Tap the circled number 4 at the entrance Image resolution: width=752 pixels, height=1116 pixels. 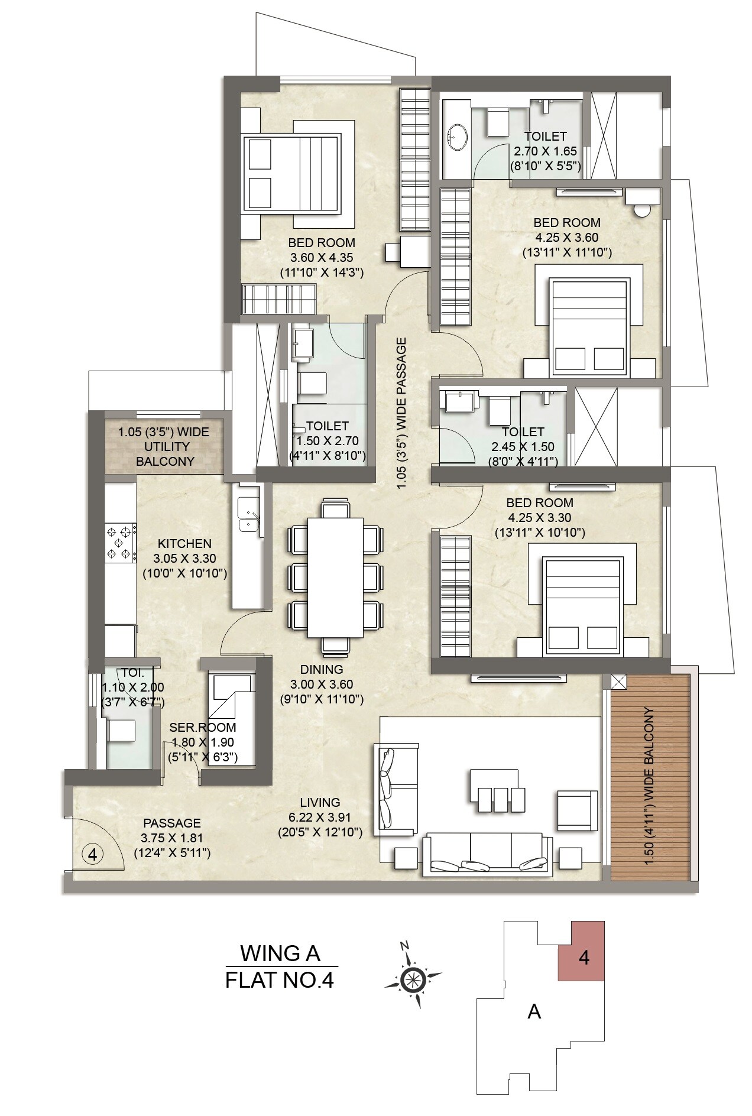coord(92,854)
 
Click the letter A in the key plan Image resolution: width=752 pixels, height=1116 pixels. coord(534,1012)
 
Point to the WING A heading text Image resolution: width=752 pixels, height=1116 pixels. coord(280,953)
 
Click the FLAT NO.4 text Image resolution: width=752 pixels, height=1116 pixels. coord(280,980)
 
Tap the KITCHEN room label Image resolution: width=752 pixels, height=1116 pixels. coord(184,543)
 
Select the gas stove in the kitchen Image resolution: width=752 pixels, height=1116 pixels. coord(119,543)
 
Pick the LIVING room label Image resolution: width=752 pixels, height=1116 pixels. coord(320,802)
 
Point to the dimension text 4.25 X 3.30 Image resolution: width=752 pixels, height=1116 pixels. coord(539,518)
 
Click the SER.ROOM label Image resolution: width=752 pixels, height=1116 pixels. coord(203,727)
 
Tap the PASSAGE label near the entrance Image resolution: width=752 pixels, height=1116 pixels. coord(171,823)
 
